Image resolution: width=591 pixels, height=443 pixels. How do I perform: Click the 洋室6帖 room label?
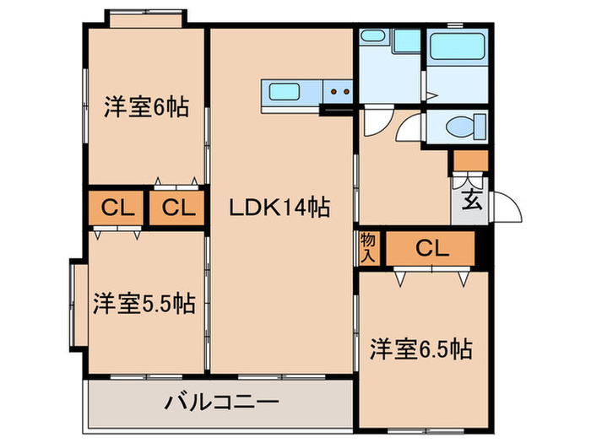click(146, 108)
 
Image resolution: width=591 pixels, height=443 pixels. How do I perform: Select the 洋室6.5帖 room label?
click(420, 348)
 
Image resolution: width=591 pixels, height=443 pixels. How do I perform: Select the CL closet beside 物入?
click(431, 247)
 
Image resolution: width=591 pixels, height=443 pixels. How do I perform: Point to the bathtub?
click(455, 47)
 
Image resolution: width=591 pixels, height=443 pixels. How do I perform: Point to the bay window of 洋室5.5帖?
click(73, 303)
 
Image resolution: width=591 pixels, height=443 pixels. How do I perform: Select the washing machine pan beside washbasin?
click(406, 42)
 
